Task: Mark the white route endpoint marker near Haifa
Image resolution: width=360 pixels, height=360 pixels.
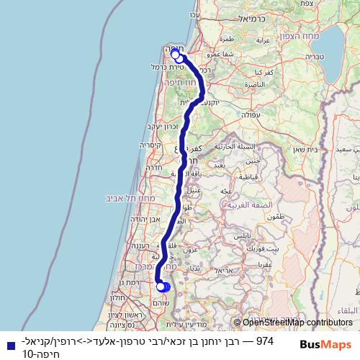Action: (x=176, y=55)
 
